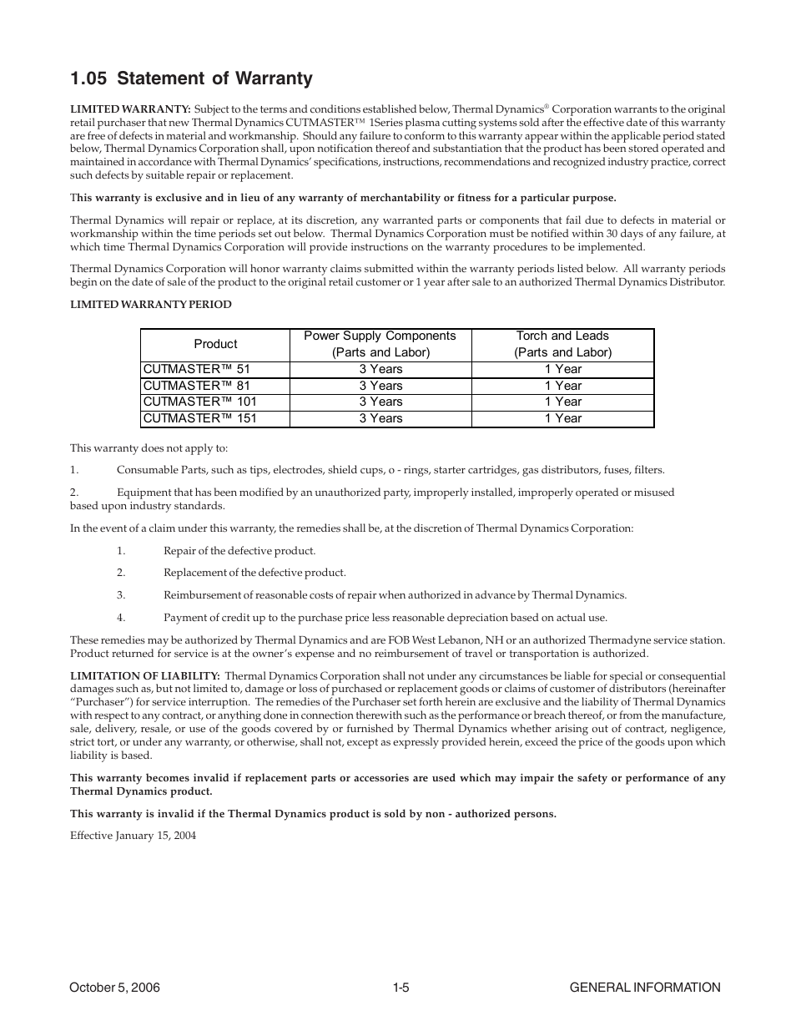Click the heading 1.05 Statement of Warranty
point(191,78)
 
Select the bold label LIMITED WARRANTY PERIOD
point(150,305)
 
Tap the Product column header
point(215,344)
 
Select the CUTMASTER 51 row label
point(196,369)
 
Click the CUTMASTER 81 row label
point(196,386)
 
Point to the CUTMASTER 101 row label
point(199,402)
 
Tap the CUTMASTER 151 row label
point(199,418)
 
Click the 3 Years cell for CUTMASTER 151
point(380,418)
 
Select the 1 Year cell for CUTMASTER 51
point(562,369)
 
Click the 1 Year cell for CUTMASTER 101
point(562,402)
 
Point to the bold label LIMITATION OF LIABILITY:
point(144,676)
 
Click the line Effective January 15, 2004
point(133,836)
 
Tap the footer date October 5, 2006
point(113,988)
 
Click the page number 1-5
point(401,988)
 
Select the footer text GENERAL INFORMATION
point(644,988)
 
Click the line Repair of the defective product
point(239,551)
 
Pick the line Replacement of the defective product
point(254,573)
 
